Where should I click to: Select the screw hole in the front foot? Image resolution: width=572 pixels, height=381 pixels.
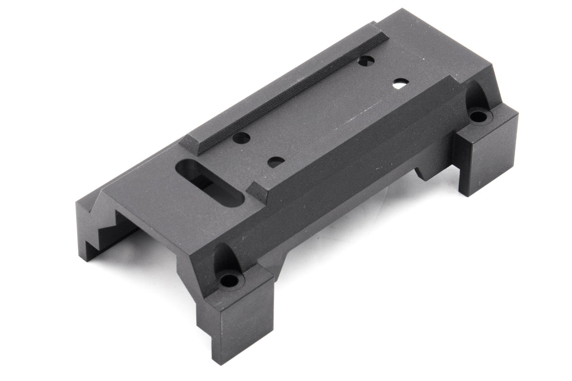pos(229,280)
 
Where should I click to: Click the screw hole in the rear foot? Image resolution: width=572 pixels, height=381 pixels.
pos(477,116)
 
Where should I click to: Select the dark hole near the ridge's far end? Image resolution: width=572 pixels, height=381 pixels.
pos(365,61)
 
